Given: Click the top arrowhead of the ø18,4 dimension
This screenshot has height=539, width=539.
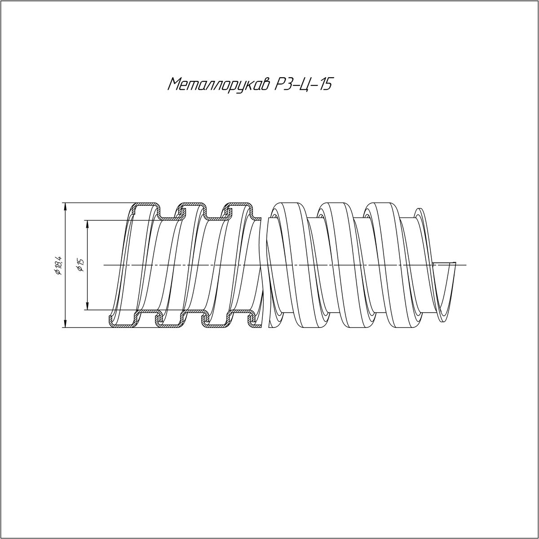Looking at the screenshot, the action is [x=65, y=207].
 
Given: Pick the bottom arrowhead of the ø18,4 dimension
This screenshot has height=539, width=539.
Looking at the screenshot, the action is [x=65, y=323].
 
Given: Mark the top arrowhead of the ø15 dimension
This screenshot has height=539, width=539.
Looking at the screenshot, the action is [x=88, y=224].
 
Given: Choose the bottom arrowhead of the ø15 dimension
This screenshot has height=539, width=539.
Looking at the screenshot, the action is [x=88, y=305].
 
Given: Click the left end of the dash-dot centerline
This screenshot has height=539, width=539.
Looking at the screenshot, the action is [x=104, y=265].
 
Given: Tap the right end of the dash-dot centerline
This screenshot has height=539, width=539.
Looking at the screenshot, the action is [x=466, y=265].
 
